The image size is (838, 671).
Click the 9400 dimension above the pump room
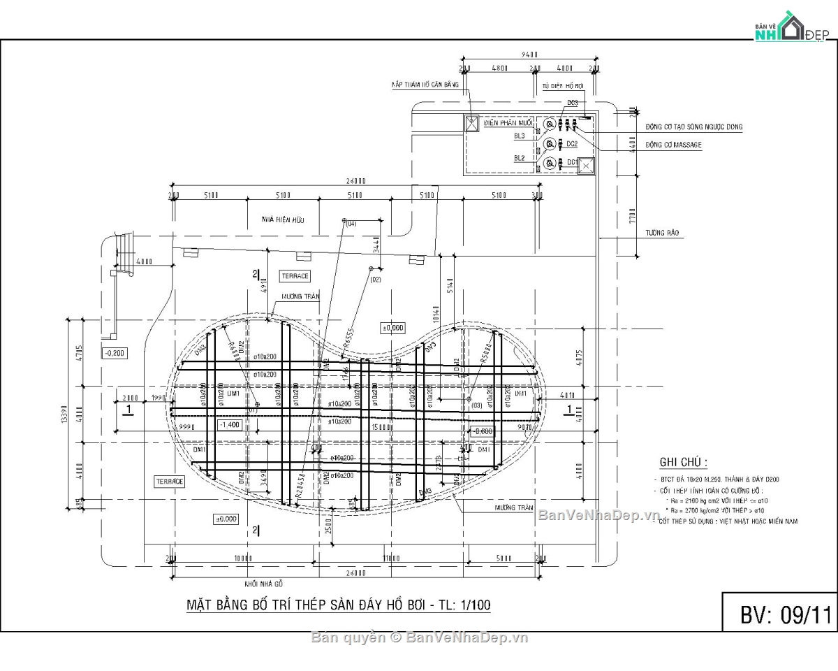(x=529, y=55)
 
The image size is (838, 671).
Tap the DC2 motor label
(x=571, y=144)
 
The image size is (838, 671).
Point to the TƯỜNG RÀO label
(x=663, y=233)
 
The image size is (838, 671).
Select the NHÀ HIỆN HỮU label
(x=284, y=219)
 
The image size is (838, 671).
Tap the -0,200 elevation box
(x=115, y=353)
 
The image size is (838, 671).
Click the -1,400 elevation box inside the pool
(x=229, y=425)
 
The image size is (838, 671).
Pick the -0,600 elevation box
(x=482, y=431)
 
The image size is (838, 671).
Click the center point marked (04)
(x=344, y=220)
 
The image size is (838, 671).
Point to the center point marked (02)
(x=370, y=268)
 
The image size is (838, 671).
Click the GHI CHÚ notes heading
(x=683, y=462)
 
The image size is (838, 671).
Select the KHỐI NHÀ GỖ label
(x=264, y=583)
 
